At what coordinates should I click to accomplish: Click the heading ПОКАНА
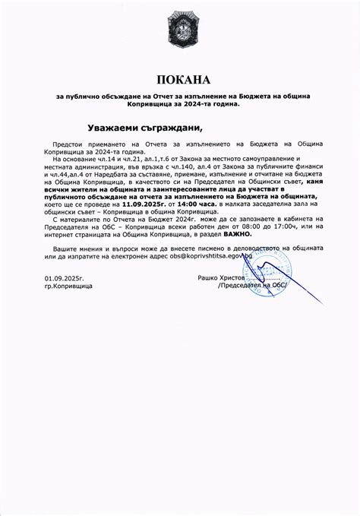(x=180, y=79)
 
